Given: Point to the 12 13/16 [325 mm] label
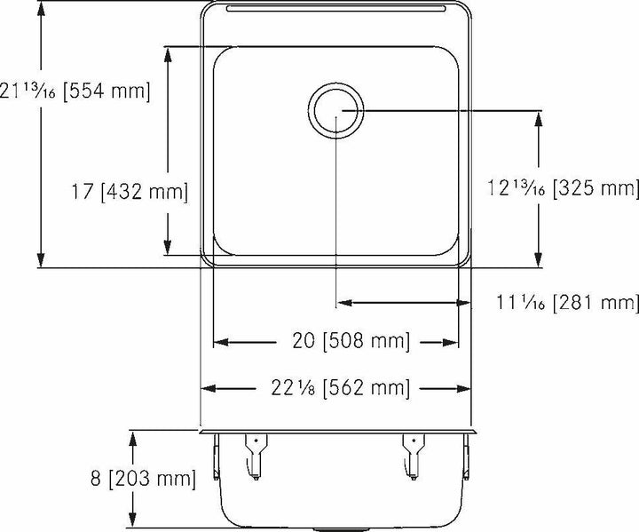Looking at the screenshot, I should [x=563, y=188].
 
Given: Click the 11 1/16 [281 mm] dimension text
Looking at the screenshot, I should [x=569, y=303].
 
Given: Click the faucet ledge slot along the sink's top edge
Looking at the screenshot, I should [x=335, y=9].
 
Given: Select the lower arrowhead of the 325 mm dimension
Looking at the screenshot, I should [x=538, y=260].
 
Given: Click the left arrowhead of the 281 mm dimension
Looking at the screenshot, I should [x=343, y=303].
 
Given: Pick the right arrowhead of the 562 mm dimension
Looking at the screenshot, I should [x=463, y=387].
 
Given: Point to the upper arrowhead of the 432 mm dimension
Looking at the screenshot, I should [x=166, y=52].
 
